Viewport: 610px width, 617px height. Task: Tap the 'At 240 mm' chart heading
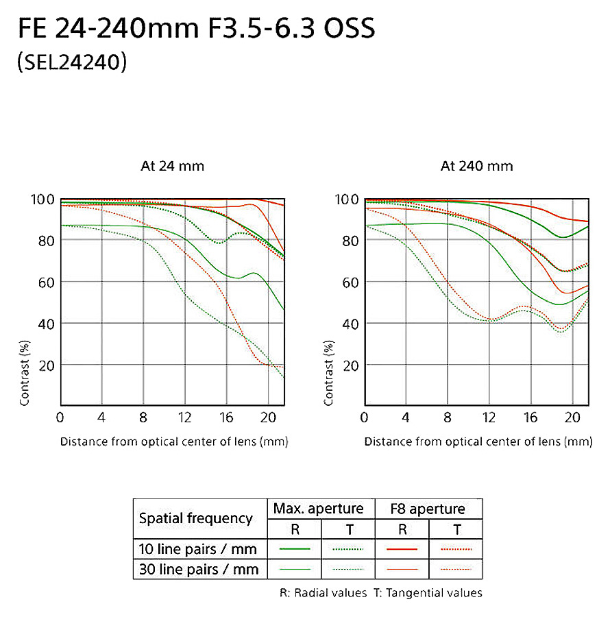click(x=476, y=166)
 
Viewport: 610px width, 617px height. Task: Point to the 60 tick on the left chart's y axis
click(x=45, y=282)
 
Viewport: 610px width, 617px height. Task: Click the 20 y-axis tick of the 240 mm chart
click(x=350, y=365)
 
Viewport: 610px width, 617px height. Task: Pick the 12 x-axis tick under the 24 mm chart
click(x=184, y=418)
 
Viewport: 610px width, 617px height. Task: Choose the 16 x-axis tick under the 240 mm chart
click(x=530, y=418)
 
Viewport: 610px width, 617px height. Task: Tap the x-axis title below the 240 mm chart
click(x=478, y=441)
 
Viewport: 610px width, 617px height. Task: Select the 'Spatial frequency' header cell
click(x=196, y=519)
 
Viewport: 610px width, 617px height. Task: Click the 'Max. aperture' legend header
click(x=318, y=509)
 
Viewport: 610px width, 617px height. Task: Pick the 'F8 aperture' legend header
click(x=427, y=509)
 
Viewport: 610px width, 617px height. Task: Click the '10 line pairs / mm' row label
click(x=199, y=549)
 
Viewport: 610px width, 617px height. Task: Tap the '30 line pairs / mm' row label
click(x=199, y=569)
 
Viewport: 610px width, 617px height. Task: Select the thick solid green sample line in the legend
click(x=295, y=549)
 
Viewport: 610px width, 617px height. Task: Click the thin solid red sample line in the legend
click(x=402, y=569)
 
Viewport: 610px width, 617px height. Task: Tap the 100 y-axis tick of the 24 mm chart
click(x=42, y=199)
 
